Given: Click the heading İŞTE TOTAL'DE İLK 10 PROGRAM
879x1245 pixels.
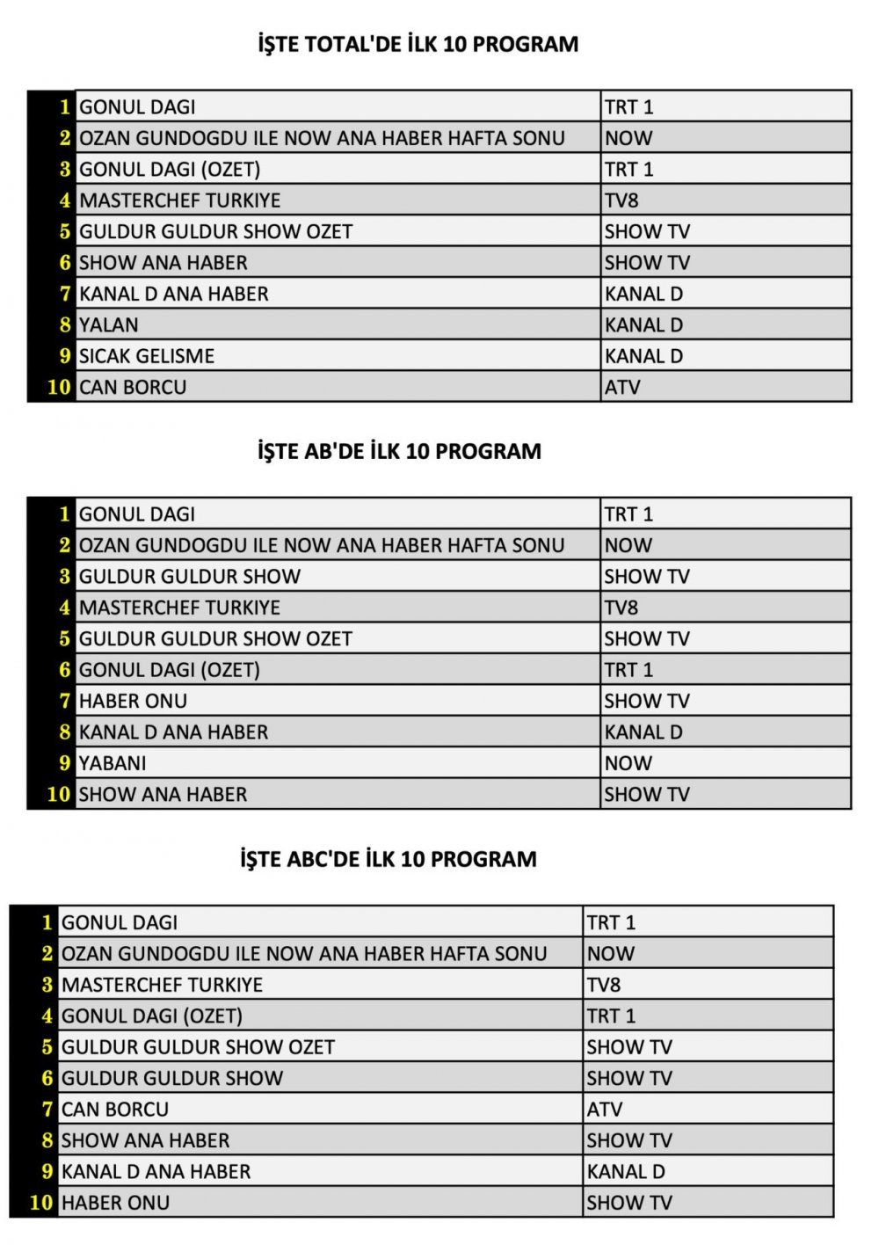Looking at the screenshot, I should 418,44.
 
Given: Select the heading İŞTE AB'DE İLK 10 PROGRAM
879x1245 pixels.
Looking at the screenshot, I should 399,451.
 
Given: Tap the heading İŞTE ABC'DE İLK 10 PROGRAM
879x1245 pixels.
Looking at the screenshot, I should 389,859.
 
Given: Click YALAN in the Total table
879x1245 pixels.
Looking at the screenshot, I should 109,325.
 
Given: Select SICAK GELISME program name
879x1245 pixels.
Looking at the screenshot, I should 147,356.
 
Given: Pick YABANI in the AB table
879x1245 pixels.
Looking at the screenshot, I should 113,763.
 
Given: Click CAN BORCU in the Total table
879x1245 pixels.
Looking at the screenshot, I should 133,387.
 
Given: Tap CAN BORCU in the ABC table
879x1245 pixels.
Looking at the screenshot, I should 115,1110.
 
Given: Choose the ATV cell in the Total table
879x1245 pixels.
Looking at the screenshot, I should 622,387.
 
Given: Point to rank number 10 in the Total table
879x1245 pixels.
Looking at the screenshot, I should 59,387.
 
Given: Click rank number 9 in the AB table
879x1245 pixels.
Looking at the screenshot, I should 64,763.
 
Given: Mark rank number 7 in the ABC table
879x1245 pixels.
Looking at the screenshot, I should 47,1110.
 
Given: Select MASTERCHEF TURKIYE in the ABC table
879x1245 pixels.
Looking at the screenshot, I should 163,985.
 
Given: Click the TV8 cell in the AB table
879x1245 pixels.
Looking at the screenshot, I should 621,608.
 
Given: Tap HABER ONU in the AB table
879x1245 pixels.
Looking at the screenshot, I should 133,701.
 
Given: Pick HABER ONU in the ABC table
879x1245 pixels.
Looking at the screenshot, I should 115,1203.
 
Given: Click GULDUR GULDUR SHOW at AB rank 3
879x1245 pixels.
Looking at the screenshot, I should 190,577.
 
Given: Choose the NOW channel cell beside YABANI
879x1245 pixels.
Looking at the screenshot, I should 628,763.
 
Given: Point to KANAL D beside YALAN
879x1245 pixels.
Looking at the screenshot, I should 643,325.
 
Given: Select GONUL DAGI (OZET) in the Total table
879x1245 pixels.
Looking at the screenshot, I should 170,170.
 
